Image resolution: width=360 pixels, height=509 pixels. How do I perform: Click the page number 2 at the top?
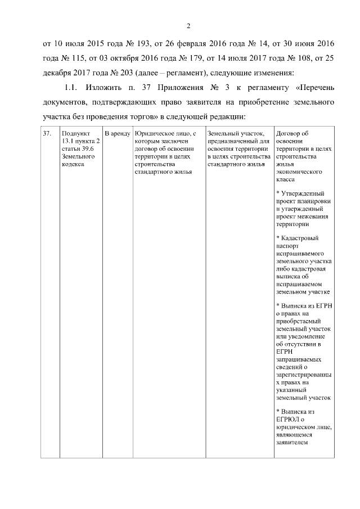(189, 25)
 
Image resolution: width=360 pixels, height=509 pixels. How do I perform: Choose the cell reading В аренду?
(117, 134)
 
